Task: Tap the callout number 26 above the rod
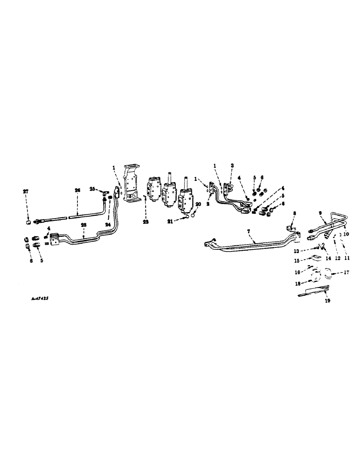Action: [78, 190]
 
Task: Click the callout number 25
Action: [92, 188]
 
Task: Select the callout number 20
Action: [198, 204]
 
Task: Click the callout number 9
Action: [320, 213]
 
